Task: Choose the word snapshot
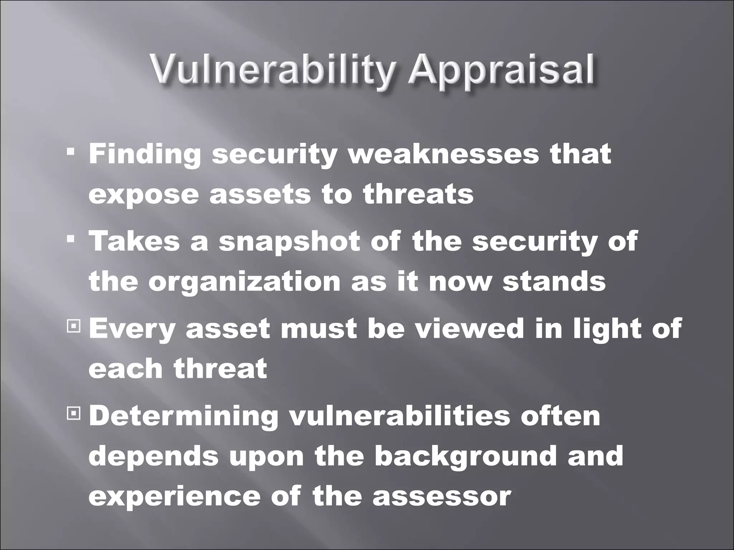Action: pos(289,241)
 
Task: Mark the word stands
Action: pos(554,281)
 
